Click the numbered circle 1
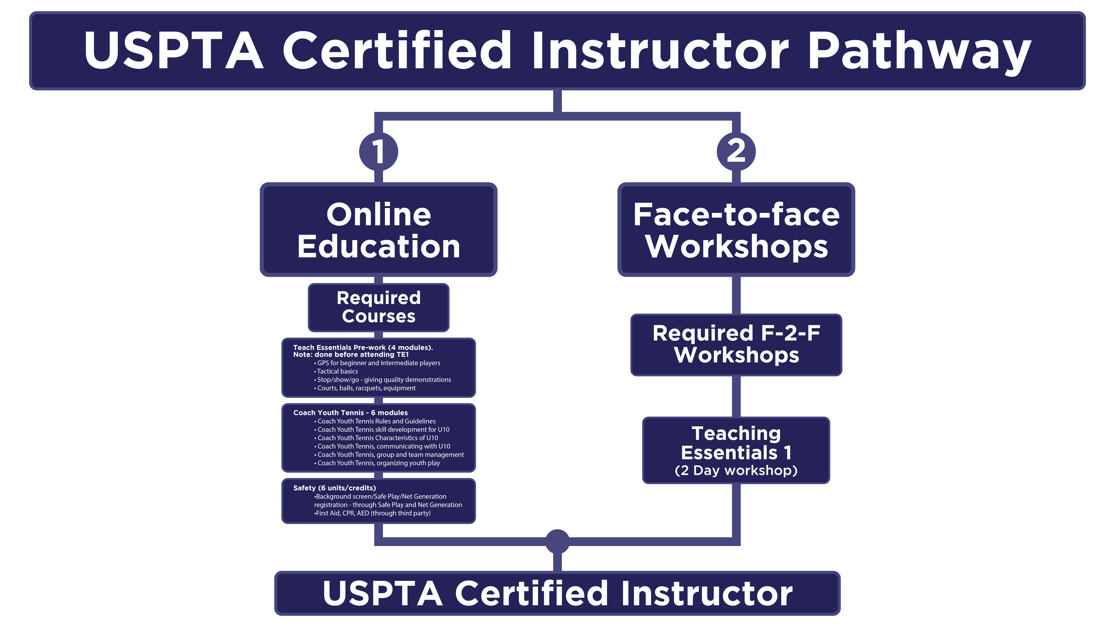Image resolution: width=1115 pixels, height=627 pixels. tap(378, 151)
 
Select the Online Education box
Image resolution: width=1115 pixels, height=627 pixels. tap(378, 229)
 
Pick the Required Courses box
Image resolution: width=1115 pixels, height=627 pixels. tap(378, 307)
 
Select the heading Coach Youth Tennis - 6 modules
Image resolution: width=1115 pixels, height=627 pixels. tap(351, 413)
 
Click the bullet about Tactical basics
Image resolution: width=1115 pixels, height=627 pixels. tap(336, 371)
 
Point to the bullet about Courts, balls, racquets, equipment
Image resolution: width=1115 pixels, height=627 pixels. tap(365, 388)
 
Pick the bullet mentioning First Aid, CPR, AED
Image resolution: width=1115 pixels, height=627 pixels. tap(372, 513)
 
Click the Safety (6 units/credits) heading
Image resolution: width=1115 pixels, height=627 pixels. tap(335, 488)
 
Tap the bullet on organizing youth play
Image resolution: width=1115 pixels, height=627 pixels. tap(377, 463)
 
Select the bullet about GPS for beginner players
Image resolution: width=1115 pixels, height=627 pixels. tap(377, 363)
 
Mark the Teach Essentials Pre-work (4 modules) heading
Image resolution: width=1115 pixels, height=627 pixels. tap(363, 347)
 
